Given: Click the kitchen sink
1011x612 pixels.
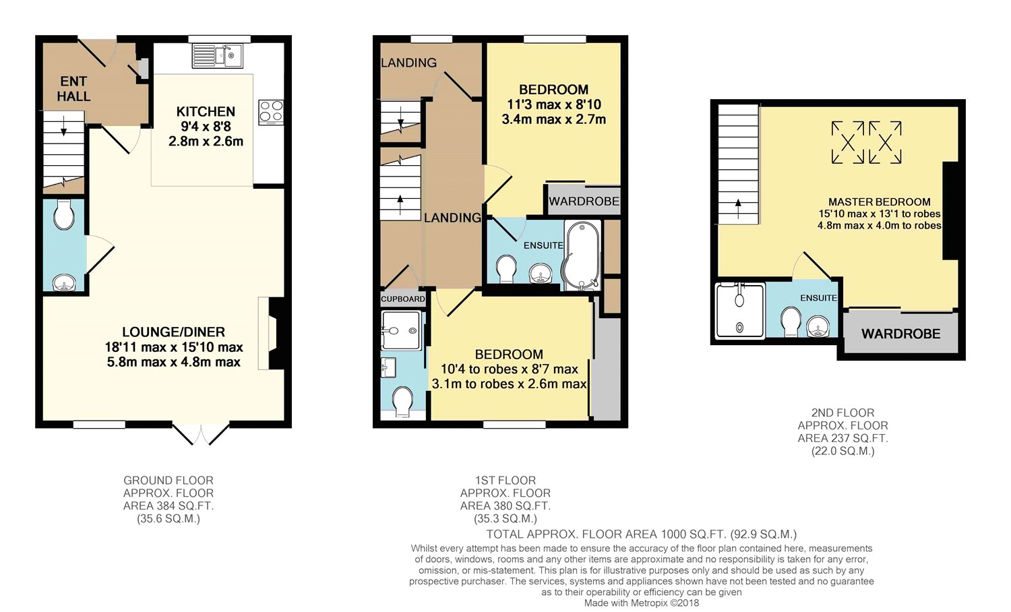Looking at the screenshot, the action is pos(218,56).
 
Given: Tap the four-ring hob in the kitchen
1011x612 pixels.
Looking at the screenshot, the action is pos(271,113).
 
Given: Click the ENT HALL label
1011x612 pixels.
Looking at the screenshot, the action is pos(73,89).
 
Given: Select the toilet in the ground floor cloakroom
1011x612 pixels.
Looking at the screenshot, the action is pos(64,215).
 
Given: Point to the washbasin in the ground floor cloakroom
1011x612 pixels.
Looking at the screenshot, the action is pos(64,283).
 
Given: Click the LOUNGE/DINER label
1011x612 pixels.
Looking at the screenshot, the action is pos(174,332).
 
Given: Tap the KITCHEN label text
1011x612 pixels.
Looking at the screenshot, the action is pos(206,111).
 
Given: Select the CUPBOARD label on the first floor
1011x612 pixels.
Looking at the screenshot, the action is pos(403,299).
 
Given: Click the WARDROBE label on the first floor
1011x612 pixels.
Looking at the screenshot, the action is pos(584,201).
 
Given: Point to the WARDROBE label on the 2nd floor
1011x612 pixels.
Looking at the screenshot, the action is pos(901,334).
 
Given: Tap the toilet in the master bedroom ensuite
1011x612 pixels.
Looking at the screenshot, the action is pos(791,322).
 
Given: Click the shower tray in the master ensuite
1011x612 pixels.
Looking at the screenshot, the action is pos(740,311).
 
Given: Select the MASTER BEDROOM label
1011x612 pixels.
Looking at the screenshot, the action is pos(879,202).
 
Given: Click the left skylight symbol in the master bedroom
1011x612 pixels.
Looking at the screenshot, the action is pos(848,142).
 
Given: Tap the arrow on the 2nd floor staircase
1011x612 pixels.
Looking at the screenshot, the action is pos(739,208).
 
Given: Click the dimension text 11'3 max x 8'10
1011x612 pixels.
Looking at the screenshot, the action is pos(554,104).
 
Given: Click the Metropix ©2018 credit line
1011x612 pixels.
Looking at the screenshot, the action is pos(642,603).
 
